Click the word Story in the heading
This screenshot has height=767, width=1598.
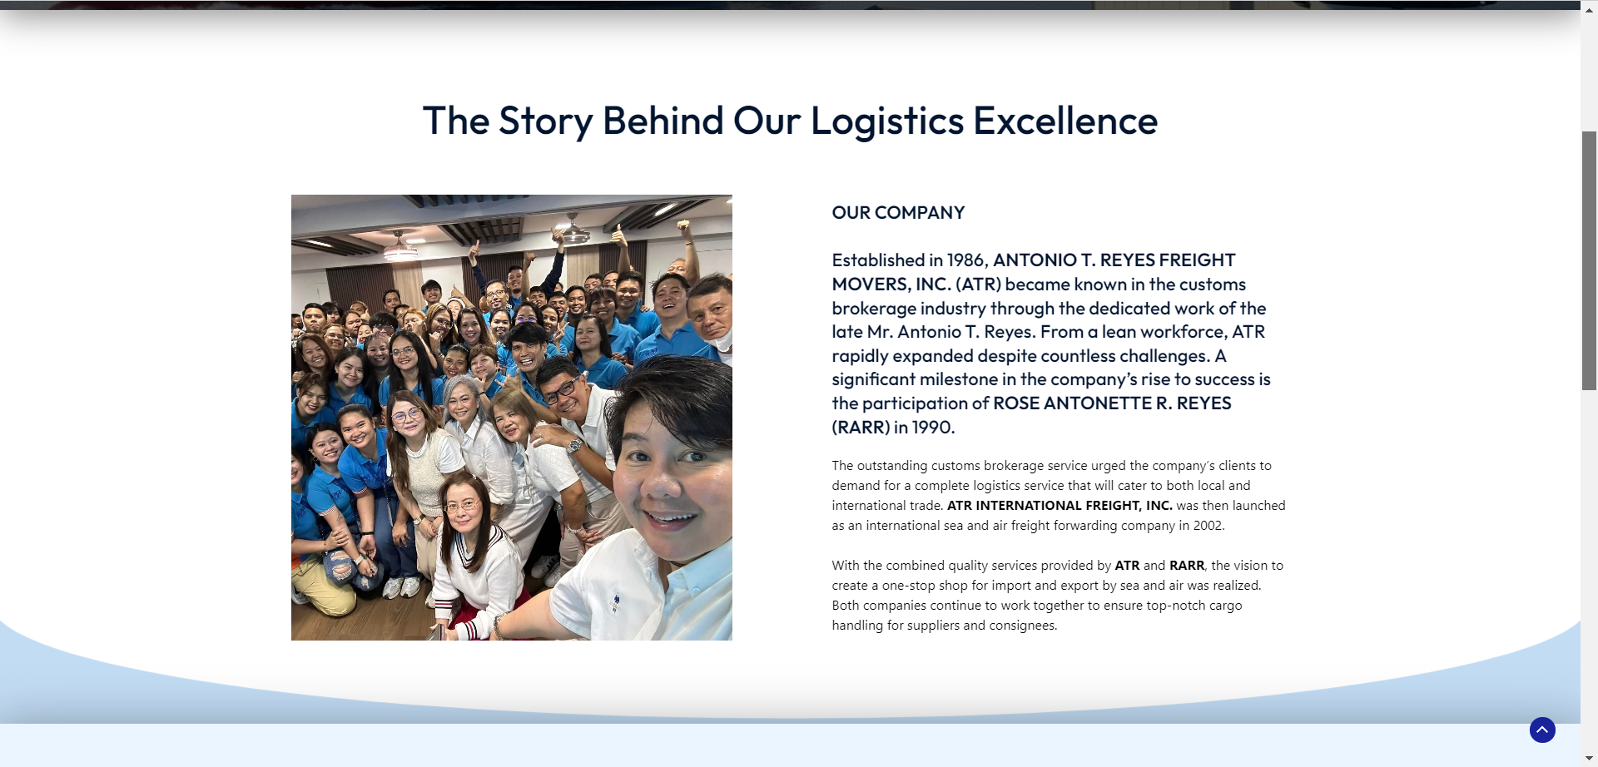click(x=545, y=121)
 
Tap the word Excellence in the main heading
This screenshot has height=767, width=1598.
click(x=1065, y=121)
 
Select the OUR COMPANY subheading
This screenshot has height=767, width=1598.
click(x=898, y=213)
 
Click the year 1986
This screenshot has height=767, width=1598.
click(x=966, y=260)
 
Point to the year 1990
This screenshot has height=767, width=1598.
click(x=932, y=428)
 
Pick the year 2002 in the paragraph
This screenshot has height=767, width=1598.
click(x=1208, y=526)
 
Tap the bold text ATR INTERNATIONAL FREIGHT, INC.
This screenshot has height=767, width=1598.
click(x=1060, y=506)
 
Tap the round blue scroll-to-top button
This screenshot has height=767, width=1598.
click(x=1542, y=730)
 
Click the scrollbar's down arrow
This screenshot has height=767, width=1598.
click(x=1590, y=759)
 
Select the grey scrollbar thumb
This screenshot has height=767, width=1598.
click(x=1590, y=260)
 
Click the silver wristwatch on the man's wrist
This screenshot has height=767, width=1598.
click(x=574, y=446)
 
